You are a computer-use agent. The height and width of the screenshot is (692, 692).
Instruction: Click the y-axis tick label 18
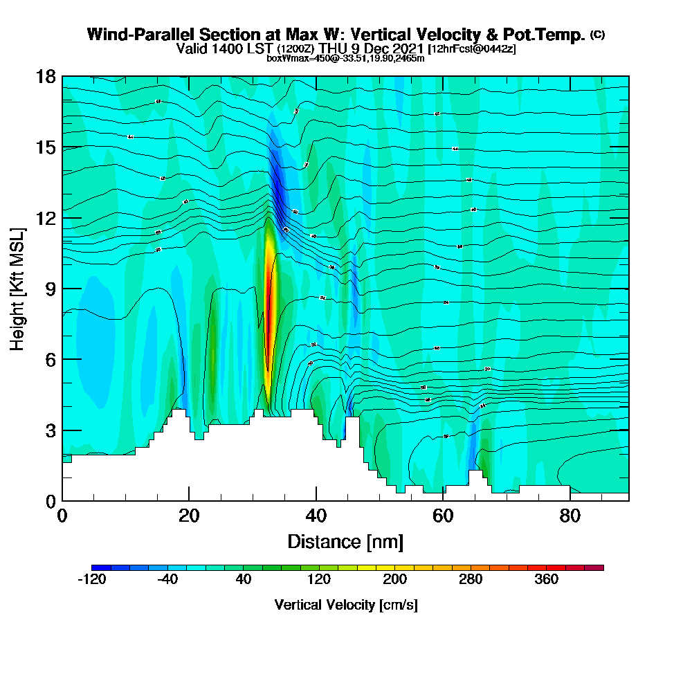tap(46, 77)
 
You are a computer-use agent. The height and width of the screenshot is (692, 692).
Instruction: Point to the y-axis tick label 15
tap(46, 147)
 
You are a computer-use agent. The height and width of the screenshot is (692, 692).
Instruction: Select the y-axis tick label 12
tap(46, 218)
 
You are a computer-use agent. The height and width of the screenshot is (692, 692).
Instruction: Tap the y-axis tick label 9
tap(50, 289)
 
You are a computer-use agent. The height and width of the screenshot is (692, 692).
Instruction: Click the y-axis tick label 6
tap(50, 359)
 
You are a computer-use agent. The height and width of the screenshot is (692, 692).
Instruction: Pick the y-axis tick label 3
tap(50, 430)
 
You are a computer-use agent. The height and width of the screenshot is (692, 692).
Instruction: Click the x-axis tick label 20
tap(189, 516)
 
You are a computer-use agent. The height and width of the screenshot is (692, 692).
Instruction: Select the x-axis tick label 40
tap(316, 516)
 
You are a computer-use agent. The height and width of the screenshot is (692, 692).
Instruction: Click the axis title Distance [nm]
tap(345, 541)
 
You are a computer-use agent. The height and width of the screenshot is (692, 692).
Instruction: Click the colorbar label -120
tap(91, 580)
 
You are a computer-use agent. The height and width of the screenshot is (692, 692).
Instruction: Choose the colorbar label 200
tap(395, 580)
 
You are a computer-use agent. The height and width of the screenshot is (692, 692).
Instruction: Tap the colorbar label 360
tap(547, 580)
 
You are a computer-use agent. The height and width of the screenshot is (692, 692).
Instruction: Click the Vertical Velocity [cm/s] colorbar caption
tap(346, 605)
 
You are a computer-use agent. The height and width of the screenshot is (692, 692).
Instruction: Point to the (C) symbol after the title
tap(597, 34)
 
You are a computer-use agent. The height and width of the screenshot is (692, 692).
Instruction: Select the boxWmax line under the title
tap(345, 58)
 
